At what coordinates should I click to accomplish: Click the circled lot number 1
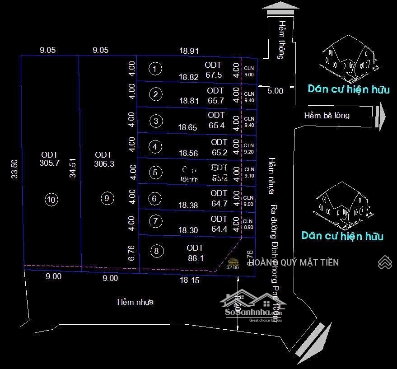click(155, 69)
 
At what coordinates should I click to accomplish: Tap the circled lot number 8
click(157, 251)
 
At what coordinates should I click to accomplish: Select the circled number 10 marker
click(52, 200)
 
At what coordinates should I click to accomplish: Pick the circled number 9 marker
click(107, 198)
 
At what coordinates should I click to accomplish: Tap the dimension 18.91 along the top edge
click(189, 51)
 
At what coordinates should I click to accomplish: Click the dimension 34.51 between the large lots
click(73, 168)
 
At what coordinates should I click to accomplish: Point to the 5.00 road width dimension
click(275, 91)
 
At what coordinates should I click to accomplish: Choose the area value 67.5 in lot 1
click(213, 75)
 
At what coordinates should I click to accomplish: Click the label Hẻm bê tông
click(327, 115)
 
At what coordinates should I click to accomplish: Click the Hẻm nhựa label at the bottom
click(135, 302)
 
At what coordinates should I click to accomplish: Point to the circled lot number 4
click(155, 146)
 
